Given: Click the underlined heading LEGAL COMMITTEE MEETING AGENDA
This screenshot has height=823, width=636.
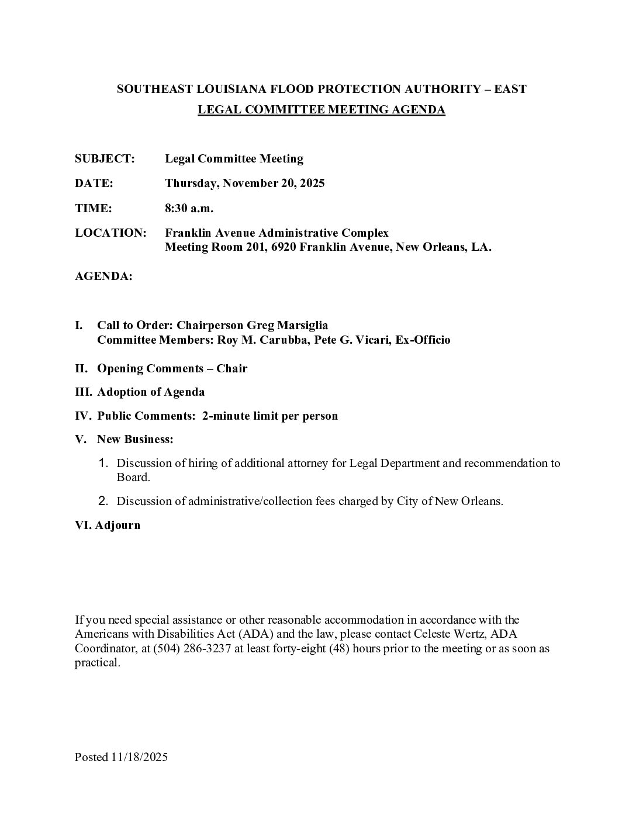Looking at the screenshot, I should [322, 109].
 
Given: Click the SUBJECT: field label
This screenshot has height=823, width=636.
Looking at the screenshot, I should [105, 158].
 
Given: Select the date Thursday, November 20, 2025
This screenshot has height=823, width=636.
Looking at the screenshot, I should [244, 183].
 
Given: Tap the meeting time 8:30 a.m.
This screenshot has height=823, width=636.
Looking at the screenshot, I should [189, 208].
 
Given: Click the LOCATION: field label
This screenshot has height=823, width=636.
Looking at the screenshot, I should [110, 233].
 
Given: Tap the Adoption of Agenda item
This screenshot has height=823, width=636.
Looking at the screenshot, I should [151, 392].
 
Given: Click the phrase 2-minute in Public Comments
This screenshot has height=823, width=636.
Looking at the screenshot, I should [224, 416].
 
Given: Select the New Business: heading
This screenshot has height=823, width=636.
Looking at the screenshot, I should [135, 439].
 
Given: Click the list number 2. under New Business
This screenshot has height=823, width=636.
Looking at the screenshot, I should [103, 501].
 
